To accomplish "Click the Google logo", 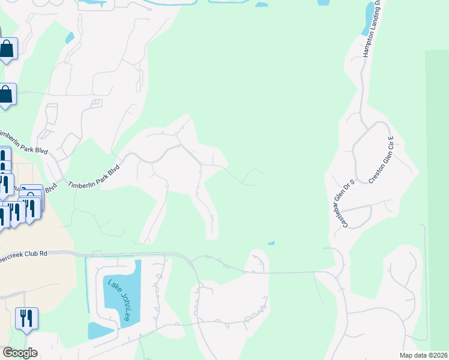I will click(19, 353).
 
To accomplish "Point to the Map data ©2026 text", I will click(423, 355).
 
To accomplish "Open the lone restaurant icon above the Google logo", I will click(26, 318).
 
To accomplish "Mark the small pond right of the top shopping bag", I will click(70, 37).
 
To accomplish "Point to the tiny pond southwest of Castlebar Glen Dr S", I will click(271, 243).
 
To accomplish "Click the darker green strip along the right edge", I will click(437, 180).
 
